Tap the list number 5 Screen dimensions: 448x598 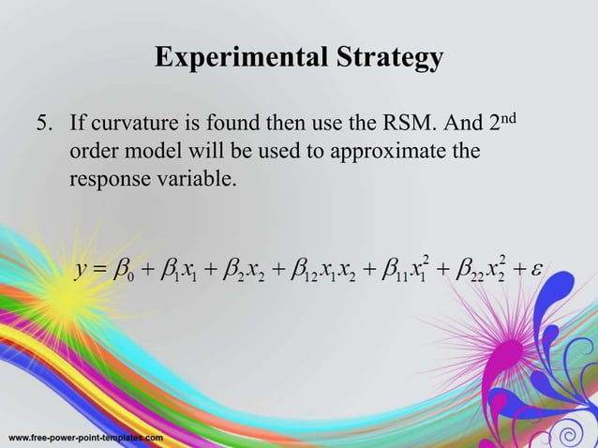click(43, 126)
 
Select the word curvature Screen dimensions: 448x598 click(130, 126)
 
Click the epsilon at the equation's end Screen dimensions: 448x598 click(536, 272)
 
